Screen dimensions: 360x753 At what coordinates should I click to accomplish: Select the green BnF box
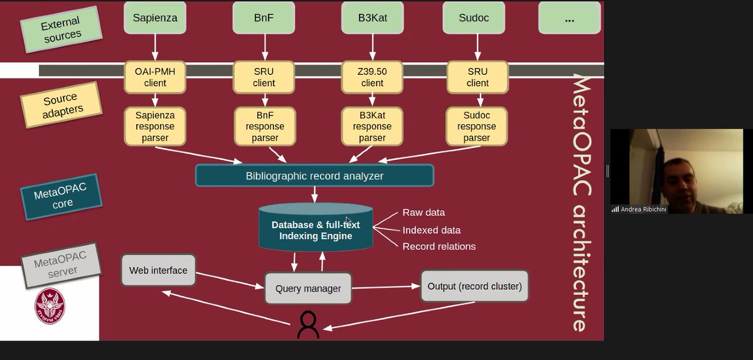click(264, 18)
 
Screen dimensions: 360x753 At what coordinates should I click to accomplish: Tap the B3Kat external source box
click(372, 18)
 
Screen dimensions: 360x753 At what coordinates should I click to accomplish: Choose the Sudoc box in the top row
click(477, 18)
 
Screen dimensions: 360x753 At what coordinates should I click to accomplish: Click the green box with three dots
click(569, 19)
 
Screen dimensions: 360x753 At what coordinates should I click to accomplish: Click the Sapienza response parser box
click(156, 126)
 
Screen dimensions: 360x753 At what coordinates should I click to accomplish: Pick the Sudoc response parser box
click(477, 126)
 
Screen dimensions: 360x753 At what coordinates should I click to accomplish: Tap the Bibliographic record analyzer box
click(314, 176)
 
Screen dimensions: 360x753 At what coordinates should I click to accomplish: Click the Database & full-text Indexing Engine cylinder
click(316, 230)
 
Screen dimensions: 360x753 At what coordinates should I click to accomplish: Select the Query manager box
click(308, 289)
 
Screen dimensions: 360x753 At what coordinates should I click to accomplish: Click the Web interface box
click(158, 270)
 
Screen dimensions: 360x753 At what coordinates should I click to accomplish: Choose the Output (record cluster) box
click(474, 287)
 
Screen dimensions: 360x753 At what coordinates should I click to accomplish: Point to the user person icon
click(308, 324)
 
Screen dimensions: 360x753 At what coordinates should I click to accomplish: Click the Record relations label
click(439, 246)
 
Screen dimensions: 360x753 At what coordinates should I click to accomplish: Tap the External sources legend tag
click(60, 30)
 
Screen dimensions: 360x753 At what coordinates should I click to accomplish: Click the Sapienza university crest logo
click(50, 305)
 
